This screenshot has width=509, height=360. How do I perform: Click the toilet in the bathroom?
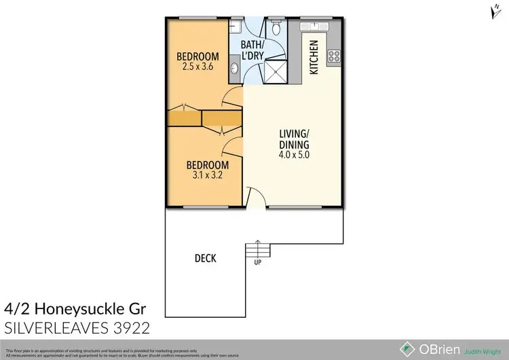point(276,29)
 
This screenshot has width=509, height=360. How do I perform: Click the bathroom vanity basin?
point(235,67)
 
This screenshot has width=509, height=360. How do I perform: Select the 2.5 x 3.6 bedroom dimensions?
point(197,67)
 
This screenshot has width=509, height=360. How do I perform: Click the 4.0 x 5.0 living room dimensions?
point(295,155)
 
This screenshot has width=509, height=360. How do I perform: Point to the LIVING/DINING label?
point(295,139)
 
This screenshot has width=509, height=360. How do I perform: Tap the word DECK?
point(205,258)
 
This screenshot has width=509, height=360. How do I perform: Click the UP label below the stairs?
point(258,263)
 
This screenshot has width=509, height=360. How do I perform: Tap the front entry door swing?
point(252,199)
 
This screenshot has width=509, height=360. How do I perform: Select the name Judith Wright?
point(483,351)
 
